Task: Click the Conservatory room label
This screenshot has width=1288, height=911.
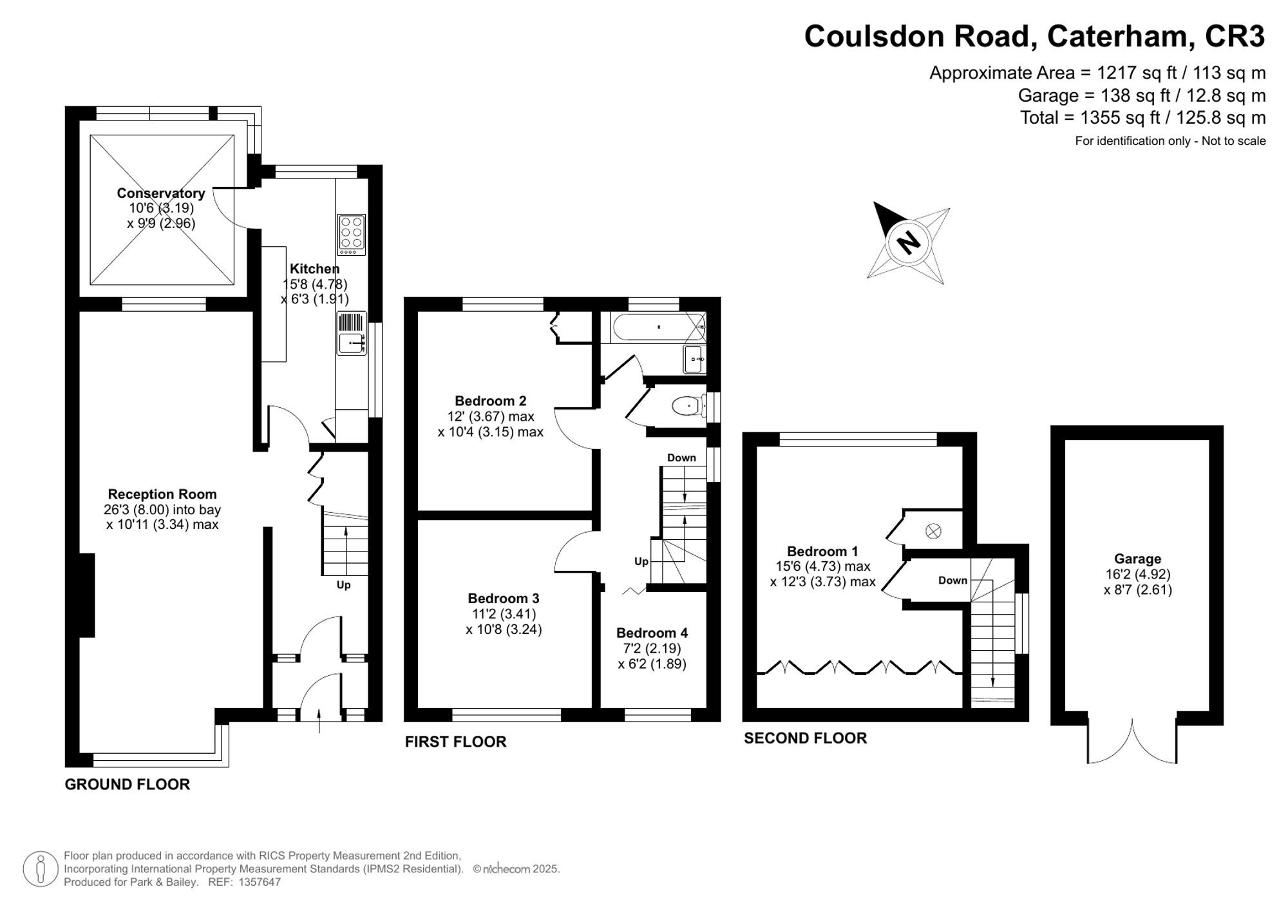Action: [x=161, y=193]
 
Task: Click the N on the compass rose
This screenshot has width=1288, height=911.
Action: [x=909, y=243]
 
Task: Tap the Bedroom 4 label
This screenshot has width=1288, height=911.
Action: [x=652, y=633]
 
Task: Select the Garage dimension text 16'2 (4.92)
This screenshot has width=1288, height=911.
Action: [x=1137, y=574]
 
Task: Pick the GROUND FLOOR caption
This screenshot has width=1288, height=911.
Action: [x=128, y=784]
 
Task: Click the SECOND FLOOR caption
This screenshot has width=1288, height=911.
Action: [x=805, y=738]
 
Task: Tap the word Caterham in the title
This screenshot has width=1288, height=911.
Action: [x=1117, y=36]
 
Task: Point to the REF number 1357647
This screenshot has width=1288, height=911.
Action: [x=260, y=882]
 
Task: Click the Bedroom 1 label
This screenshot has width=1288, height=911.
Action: [x=822, y=551]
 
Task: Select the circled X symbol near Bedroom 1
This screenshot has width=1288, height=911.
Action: [x=933, y=532]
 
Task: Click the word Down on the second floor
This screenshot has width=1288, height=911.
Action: [x=952, y=580]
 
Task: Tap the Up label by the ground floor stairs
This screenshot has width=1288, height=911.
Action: [x=343, y=585]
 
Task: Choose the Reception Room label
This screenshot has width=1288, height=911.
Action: [x=162, y=494]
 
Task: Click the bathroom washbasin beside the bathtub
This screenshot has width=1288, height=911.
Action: [x=694, y=359]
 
